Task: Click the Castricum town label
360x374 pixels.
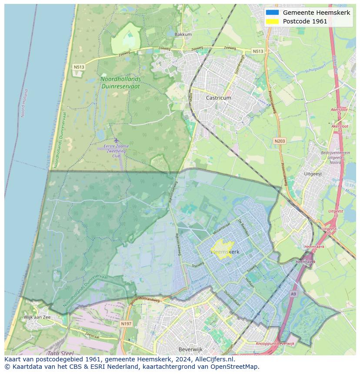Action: (x=218, y=98)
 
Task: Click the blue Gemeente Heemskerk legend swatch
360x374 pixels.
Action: (x=272, y=13)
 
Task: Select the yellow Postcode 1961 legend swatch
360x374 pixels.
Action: (x=272, y=21)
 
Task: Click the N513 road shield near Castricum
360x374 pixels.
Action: (x=258, y=51)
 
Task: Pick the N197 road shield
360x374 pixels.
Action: (x=126, y=324)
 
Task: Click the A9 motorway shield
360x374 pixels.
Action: (x=293, y=294)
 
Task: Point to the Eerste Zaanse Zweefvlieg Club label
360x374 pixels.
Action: (x=116, y=151)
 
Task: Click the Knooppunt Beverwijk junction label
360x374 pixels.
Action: (x=275, y=344)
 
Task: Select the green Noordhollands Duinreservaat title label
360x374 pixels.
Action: (x=120, y=83)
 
